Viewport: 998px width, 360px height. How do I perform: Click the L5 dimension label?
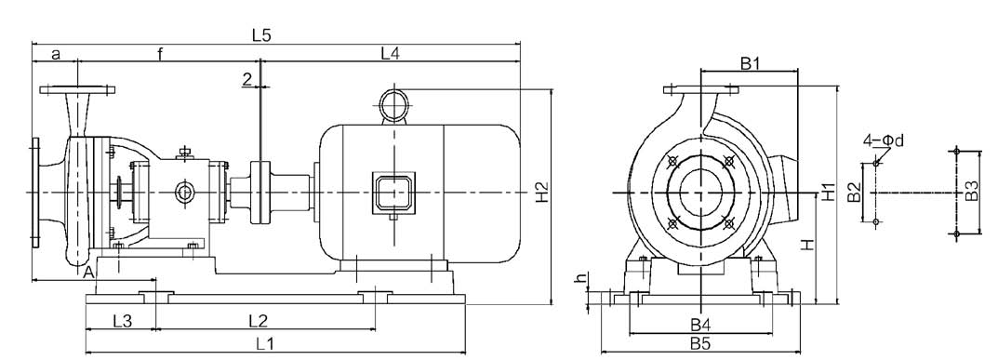261,35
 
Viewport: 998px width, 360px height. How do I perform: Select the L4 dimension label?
390,53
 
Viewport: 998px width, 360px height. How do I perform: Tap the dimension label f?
160,54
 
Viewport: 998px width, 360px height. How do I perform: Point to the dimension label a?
56,55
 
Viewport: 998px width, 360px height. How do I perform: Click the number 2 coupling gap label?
247,78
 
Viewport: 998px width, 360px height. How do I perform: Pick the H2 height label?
541,193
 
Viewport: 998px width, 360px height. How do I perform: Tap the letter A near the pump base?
89,273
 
